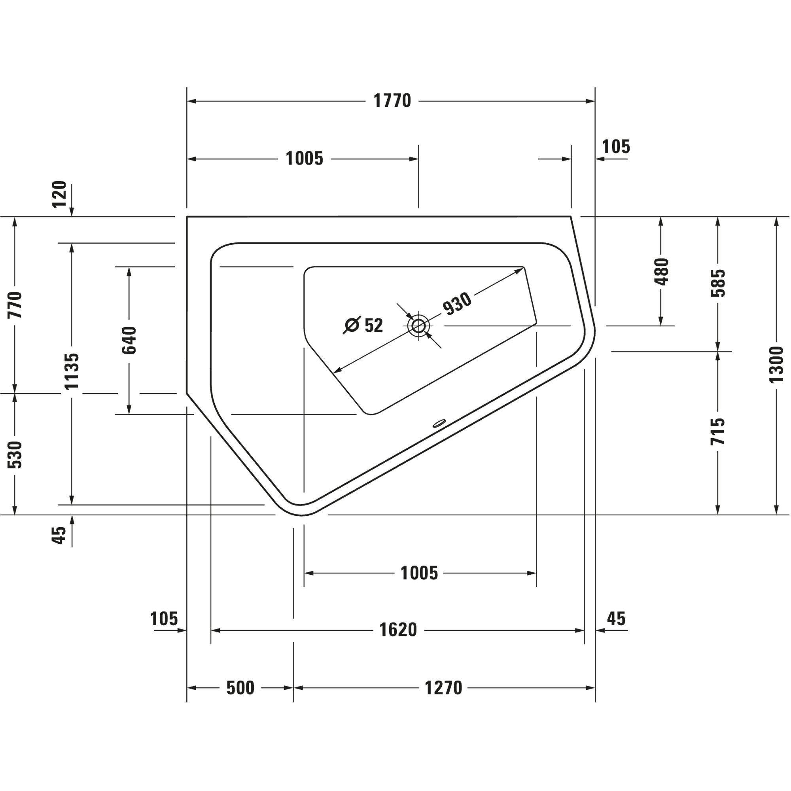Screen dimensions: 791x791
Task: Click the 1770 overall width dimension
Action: (x=392, y=101)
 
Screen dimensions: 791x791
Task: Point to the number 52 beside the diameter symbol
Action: (x=373, y=325)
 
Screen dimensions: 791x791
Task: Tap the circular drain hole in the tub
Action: (x=418, y=326)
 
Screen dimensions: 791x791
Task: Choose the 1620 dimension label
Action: (x=398, y=630)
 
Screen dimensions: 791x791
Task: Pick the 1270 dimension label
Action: (x=443, y=688)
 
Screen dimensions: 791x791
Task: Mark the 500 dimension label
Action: (x=240, y=688)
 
